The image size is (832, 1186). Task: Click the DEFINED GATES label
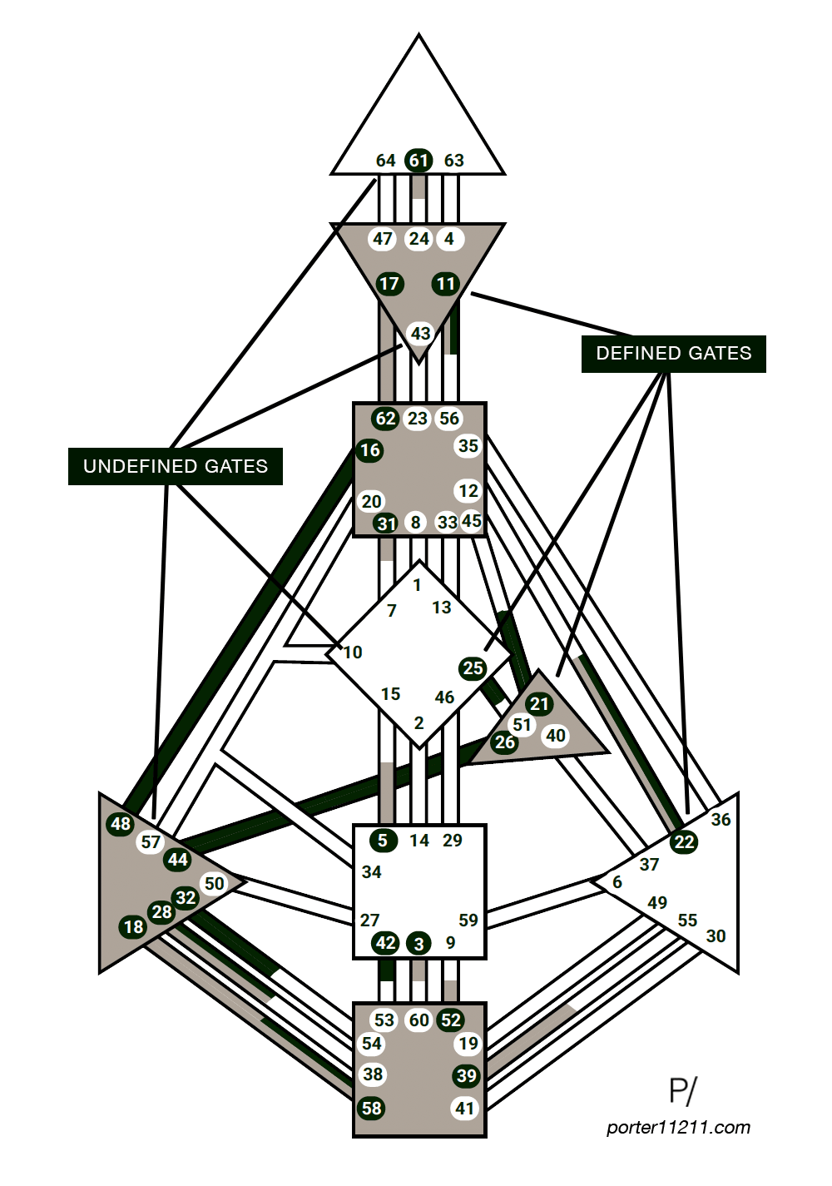coord(673,353)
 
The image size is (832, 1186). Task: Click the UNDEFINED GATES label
coord(176,466)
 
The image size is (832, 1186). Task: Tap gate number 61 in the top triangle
coord(418,161)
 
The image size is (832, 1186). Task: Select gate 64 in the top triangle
coord(385,161)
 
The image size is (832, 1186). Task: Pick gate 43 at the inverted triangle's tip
coord(420,334)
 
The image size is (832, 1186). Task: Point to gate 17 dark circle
coord(389,284)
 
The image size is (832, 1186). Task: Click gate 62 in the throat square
coord(385,419)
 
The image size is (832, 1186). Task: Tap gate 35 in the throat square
coord(468,446)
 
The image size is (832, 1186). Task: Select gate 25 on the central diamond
coord(473,667)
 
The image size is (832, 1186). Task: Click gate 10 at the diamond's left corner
coord(353,653)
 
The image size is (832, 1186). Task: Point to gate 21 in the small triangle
coord(540,704)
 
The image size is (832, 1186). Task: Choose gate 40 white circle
coord(555,736)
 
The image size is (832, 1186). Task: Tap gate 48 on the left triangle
coord(121,824)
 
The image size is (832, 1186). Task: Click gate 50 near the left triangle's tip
coord(214,884)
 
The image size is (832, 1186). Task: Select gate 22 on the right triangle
coord(684,842)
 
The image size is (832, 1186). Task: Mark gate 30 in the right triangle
coord(716,936)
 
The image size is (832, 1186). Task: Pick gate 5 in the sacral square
coord(383,841)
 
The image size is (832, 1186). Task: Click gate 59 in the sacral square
coord(468,921)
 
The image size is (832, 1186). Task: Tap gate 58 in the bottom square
coord(372,1108)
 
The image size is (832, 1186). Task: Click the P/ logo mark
coord(683,1091)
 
